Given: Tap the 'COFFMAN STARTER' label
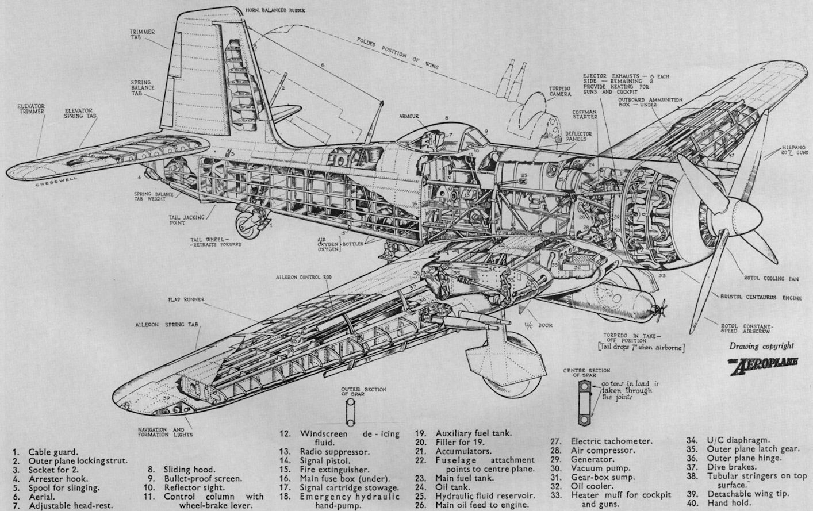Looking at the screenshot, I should (585, 113).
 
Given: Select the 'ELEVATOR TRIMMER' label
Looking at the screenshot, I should (31, 109).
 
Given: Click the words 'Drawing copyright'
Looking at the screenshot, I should (761, 346).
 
